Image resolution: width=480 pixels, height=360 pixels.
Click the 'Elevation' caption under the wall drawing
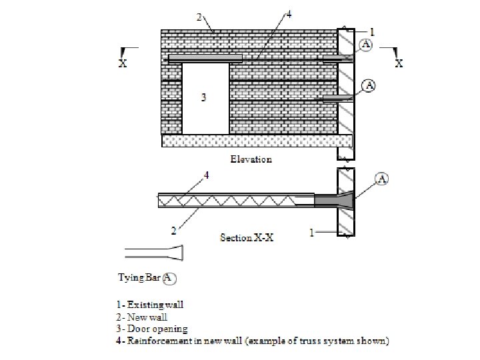pyautogui.click(x=251, y=160)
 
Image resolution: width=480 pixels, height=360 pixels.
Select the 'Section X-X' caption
pyautogui.click(x=247, y=237)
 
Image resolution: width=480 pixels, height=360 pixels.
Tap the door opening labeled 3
pyautogui.click(x=205, y=98)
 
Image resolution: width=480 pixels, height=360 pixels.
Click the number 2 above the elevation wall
pyautogui.click(x=199, y=17)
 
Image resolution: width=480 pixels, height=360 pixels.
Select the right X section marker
pyautogui.click(x=399, y=63)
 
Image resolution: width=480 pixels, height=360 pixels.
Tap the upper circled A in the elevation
pyautogui.click(x=367, y=45)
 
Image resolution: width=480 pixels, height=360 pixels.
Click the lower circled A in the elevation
pyautogui.click(x=369, y=85)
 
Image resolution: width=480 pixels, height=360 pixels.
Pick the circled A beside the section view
pyautogui.click(x=383, y=178)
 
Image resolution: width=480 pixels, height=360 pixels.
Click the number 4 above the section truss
pyautogui.click(x=206, y=175)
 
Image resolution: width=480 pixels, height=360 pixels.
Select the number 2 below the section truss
pyautogui.click(x=173, y=231)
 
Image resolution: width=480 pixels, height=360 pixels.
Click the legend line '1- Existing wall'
pyautogui.click(x=151, y=305)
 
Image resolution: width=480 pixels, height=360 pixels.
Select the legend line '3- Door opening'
pyautogui.click(x=152, y=329)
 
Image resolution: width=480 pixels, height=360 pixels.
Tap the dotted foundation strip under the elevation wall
pyautogui.click(x=257, y=141)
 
